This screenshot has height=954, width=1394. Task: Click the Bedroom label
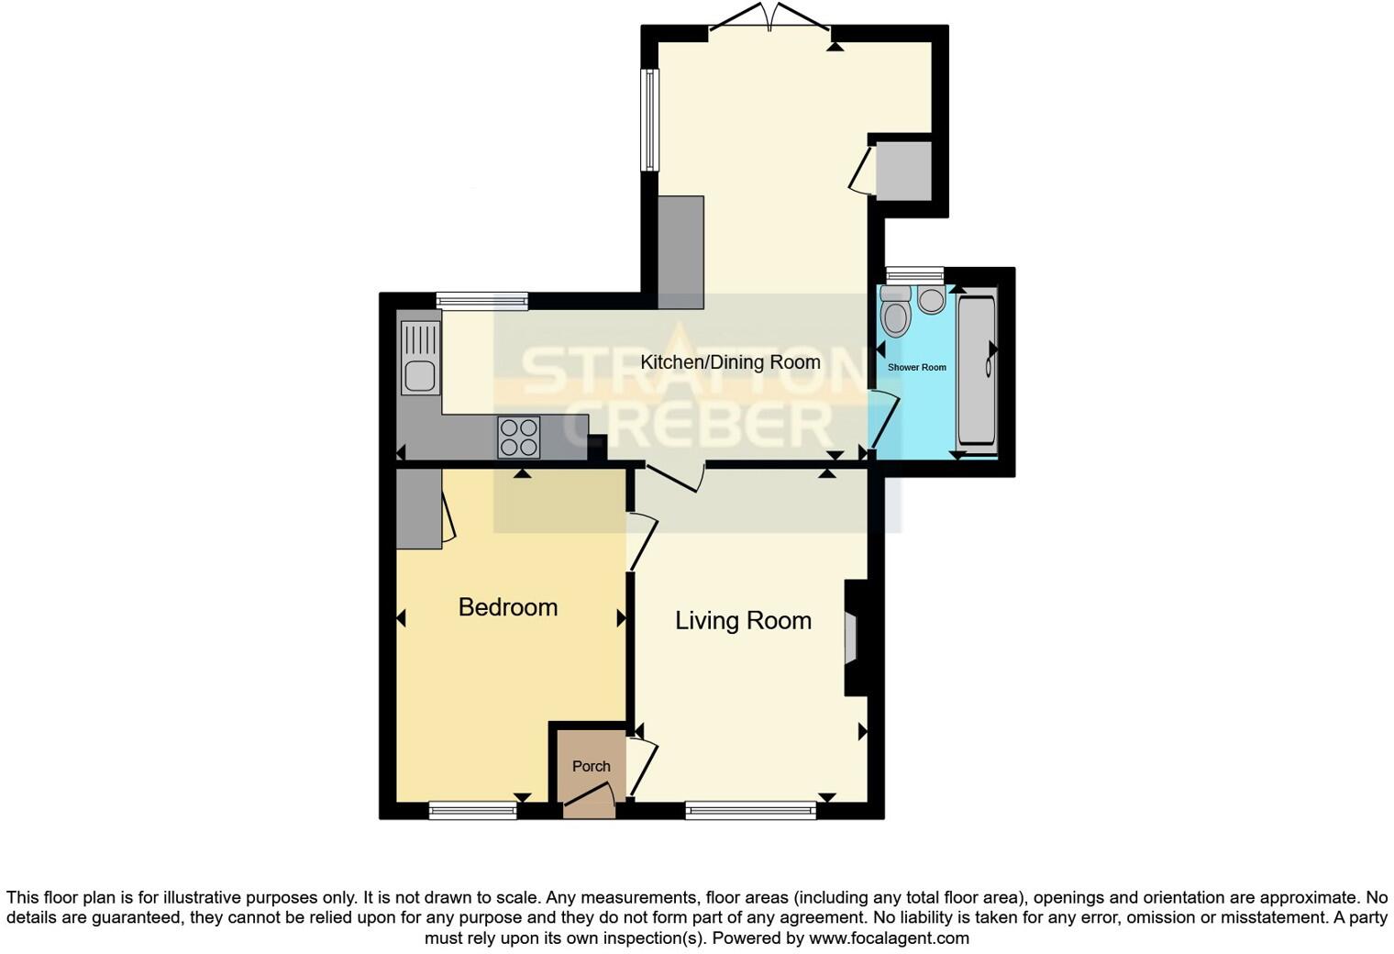click(x=507, y=607)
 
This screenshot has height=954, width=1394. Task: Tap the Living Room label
click(x=743, y=621)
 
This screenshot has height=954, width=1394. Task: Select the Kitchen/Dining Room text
click(x=730, y=362)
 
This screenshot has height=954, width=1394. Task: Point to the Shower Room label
click(x=916, y=367)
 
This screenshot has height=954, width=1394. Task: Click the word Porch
click(x=591, y=766)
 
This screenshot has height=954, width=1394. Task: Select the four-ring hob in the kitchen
click(x=518, y=438)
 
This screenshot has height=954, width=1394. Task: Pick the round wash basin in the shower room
click(x=931, y=301)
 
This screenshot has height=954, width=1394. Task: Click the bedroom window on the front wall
click(x=472, y=810)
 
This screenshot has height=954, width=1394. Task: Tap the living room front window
click(x=750, y=810)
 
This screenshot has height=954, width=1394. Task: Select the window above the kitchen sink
click(x=481, y=300)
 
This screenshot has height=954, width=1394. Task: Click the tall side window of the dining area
click(x=649, y=119)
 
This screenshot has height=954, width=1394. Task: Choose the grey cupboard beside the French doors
click(x=903, y=170)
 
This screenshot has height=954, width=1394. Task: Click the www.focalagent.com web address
click(x=888, y=938)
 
